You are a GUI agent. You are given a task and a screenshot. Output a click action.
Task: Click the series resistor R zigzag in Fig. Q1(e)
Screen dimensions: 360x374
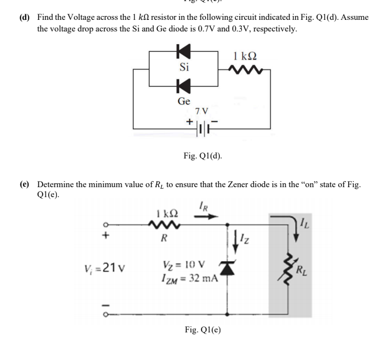164,225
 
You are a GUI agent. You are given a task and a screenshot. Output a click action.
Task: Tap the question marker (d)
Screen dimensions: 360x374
24,18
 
